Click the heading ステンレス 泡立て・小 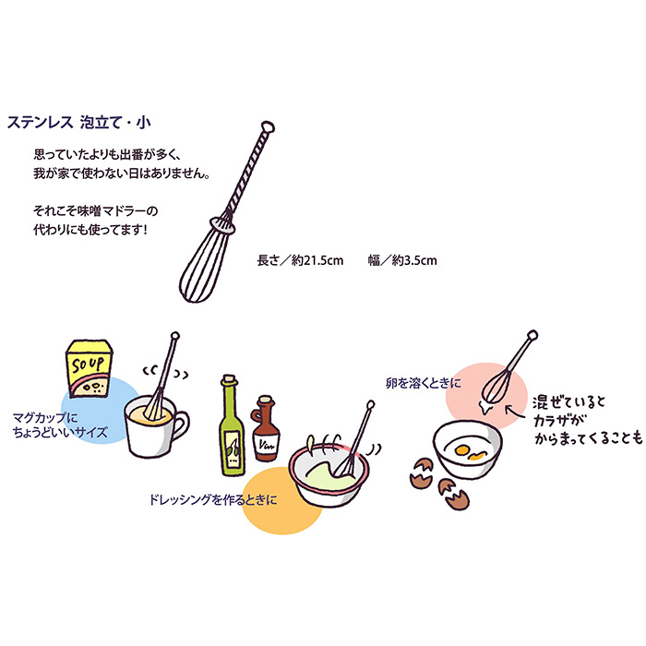[x=79, y=121]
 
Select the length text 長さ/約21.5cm [x=300, y=261]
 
